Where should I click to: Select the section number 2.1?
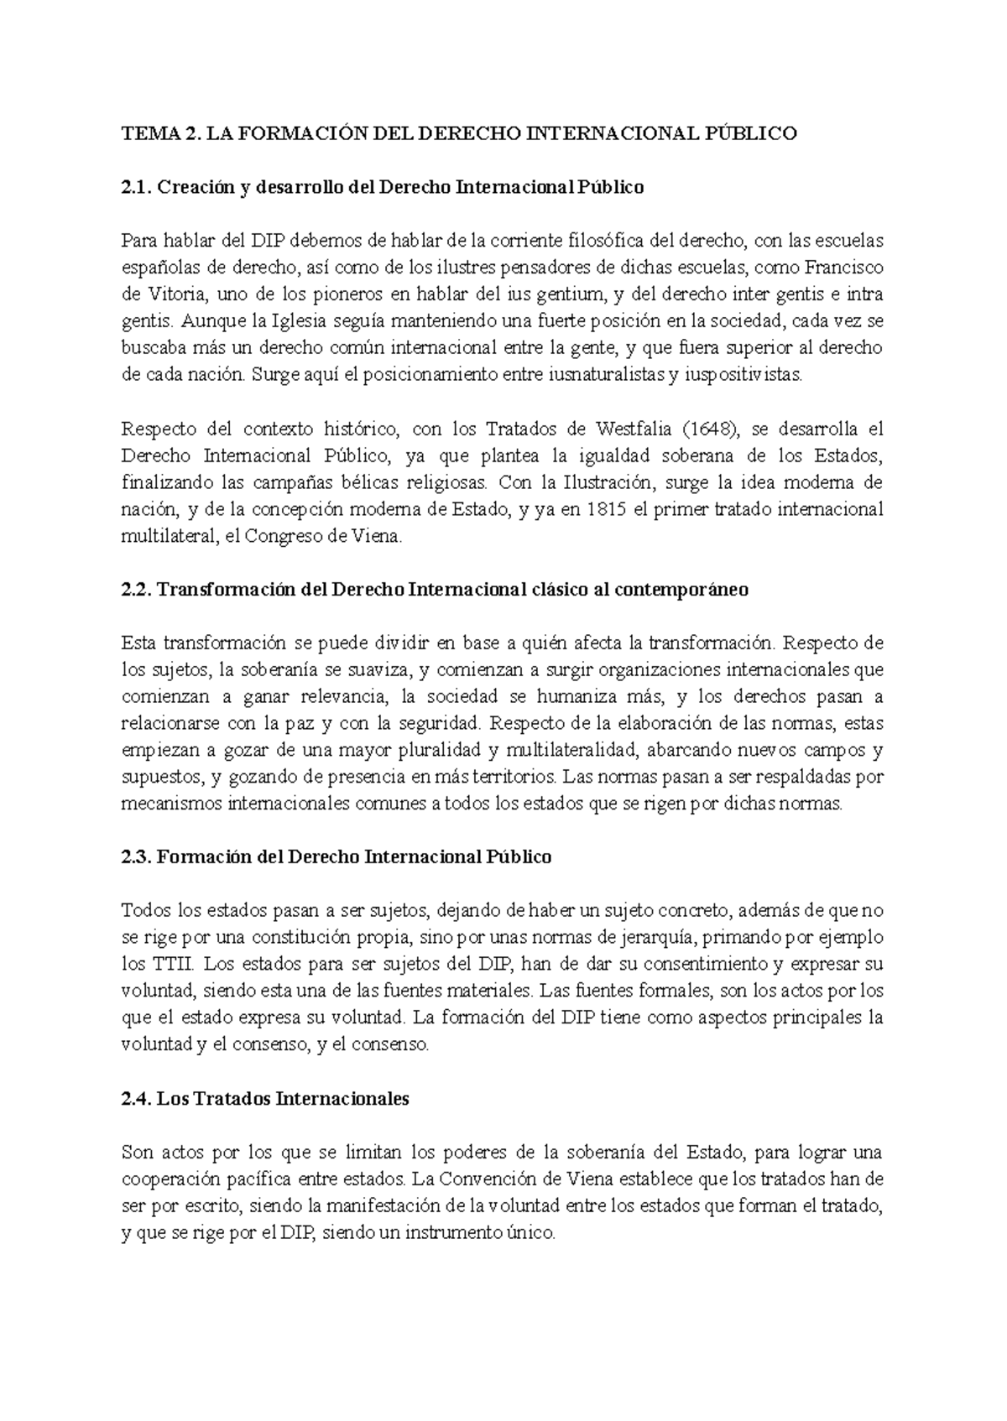coord(135,187)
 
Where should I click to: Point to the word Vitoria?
coord(170,294)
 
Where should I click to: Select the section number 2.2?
coord(135,590)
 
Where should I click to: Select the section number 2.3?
coord(135,857)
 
